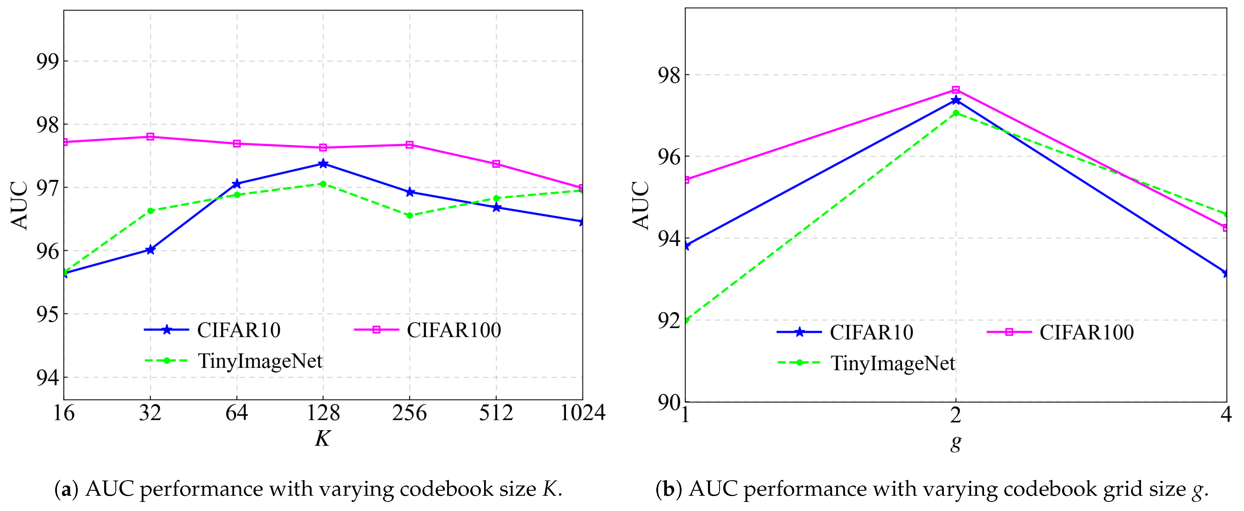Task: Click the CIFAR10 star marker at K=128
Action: coord(323,164)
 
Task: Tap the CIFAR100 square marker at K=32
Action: coord(150,137)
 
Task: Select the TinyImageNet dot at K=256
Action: coord(410,215)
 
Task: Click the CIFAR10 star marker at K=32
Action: coord(150,249)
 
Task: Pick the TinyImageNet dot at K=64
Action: coord(237,195)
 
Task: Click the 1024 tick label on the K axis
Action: coord(582,413)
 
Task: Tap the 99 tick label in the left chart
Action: coord(47,61)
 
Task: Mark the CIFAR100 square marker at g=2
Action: coord(956,90)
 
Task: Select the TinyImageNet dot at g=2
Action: coord(956,113)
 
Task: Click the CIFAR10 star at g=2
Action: coord(956,100)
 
